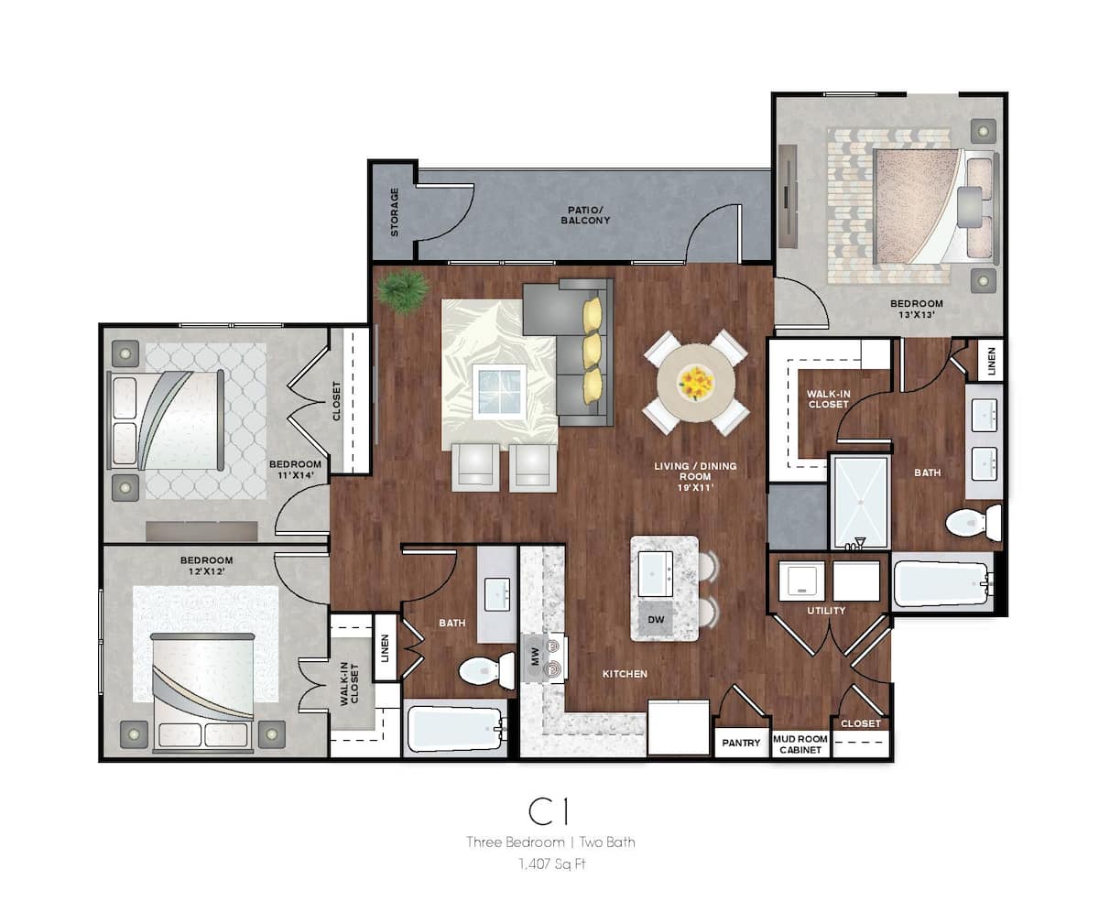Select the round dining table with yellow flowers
pyautogui.click(x=695, y=382)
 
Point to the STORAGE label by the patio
pyautogui.click(x=395, y=212)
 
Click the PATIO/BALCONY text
pyautogui.click(x=588, y=215)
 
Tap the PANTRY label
pyautogui.click(x=741, y=743)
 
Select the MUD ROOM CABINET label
pyautogui.click(x=800, y=744)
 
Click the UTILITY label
pyautogui.click(x=826, y=611)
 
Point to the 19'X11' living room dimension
pyautogui.click(x=695, y=489)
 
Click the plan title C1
pyautogui.click(x=549, y=811)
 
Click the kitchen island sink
pyautogui.click(x=657, y=573)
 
